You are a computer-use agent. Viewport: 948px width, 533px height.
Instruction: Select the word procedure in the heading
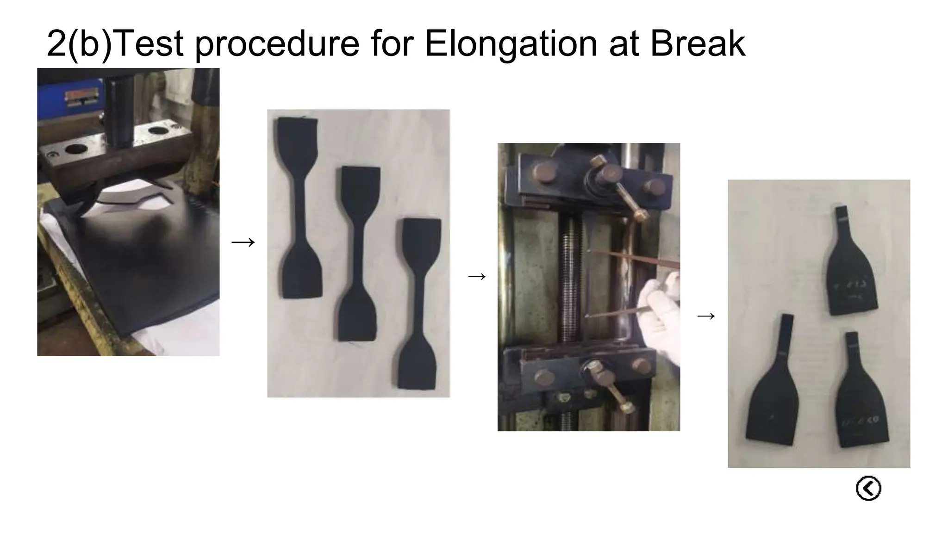276,45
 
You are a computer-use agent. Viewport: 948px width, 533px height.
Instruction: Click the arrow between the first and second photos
243,242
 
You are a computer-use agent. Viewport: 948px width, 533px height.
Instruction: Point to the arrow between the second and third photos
477,277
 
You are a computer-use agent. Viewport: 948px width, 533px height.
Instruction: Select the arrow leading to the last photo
706,316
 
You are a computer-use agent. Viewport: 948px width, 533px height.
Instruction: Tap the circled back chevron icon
868,488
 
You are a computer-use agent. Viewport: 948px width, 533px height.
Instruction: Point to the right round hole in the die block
158,131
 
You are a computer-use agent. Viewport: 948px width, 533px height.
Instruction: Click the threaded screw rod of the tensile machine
570,278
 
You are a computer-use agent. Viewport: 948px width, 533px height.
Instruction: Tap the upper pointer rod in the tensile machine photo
634,258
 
